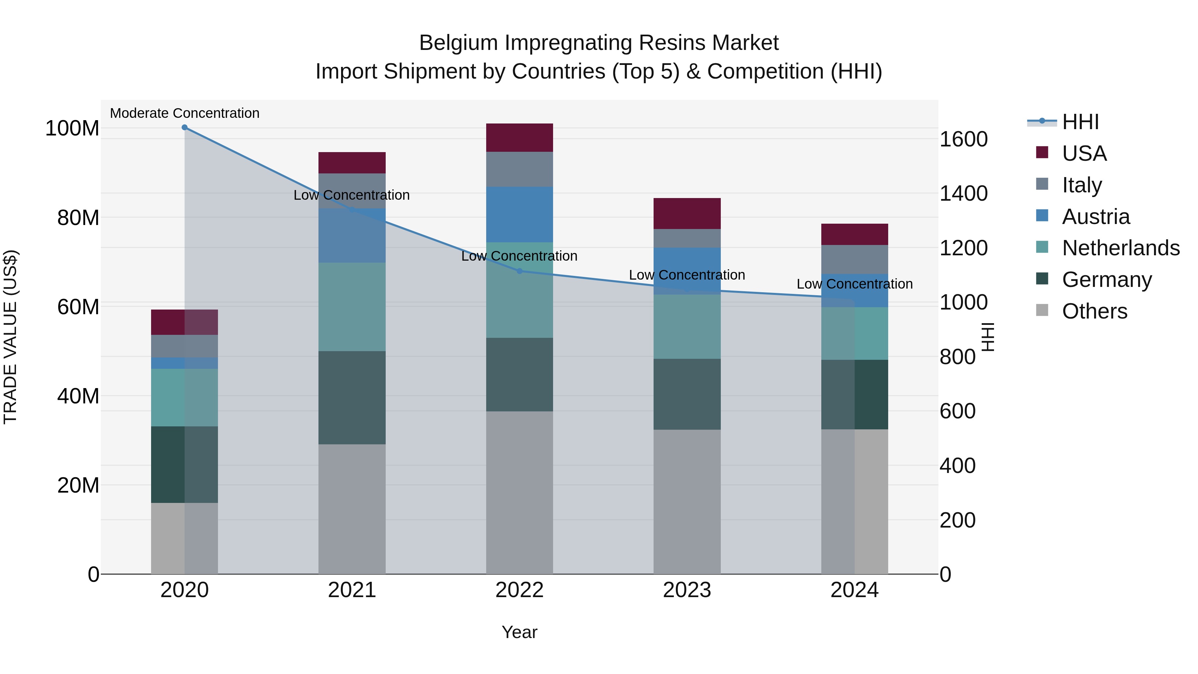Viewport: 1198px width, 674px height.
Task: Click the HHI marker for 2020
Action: [185, 127]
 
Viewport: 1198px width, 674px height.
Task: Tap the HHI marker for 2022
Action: [519, 271]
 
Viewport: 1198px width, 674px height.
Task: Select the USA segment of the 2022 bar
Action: [519, 138]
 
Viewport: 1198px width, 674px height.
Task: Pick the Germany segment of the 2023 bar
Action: [687, 394]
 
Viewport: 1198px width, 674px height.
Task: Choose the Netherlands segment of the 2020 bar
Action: [185, 398]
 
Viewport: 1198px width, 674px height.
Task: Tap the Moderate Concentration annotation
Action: [185, 113]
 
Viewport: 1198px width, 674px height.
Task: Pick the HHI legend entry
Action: [1080, 122]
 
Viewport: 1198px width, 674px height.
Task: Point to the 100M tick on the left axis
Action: [72, 128]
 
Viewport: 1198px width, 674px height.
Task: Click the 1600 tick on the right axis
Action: [964, 139]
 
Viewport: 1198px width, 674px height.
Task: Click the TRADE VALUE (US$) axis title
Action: [10, 337]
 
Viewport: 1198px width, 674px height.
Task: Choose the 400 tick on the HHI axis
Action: [957, 466]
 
